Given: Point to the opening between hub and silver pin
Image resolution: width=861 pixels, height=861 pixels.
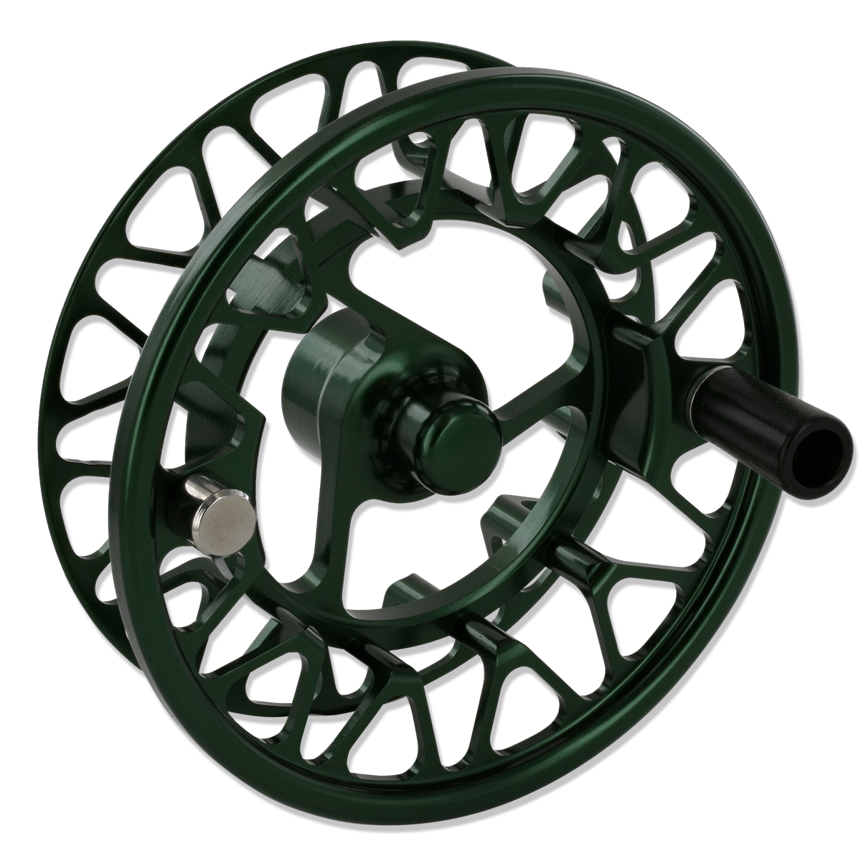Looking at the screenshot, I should coord(287,466).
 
